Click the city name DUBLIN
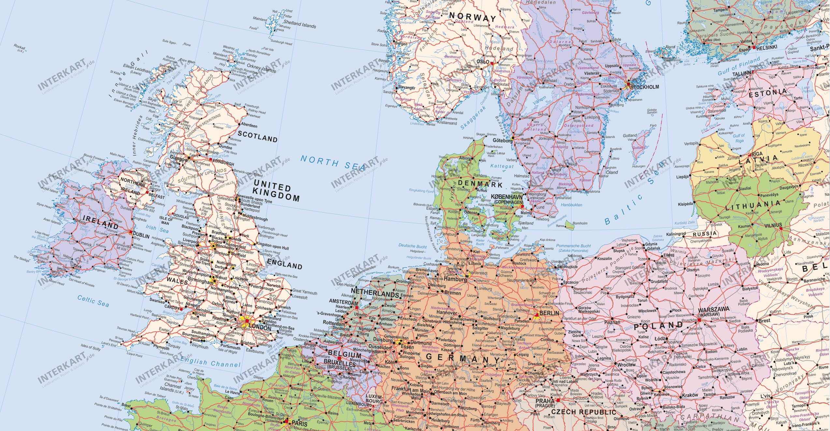click(x=141, y=236)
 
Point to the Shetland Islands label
click(x=299, y=24)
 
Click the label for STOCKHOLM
click(x=644, y=87)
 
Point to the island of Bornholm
click(x=570, y=225)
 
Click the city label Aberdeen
click(x=249, y=125)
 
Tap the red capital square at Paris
click(x=286, y=421)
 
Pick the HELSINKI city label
click(x=766, y=47)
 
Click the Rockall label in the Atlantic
click(x=20, y=48)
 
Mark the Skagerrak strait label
click(x=473, y=117)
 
